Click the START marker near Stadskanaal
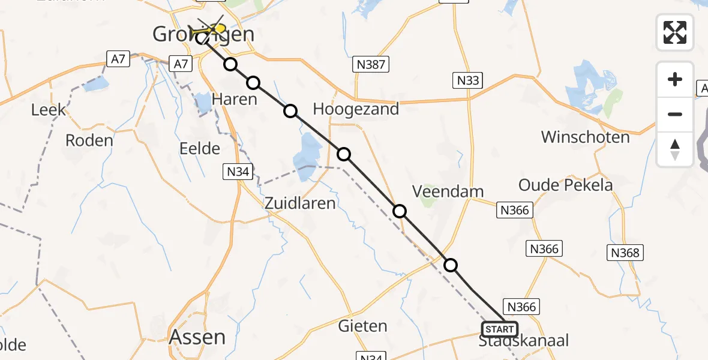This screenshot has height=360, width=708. tap(499, 329)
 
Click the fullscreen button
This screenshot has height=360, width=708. tap(675, 32)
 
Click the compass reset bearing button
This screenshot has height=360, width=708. tap(675, 149)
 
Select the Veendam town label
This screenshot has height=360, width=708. tap(448, 191)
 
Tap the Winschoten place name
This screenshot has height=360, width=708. tap(585, 137)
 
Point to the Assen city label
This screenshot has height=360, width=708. tap(197, 337)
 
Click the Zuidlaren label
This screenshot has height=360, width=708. tap(301, 203)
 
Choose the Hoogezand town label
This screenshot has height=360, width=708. tap(356, 109)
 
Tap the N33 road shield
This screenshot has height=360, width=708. tap(468, 80)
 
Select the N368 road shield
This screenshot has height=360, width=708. tap(625, 253)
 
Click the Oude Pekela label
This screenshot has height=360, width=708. tap(565, 185)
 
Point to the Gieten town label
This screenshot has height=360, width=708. tap(362, 326)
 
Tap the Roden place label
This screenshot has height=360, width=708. tap(89, 140)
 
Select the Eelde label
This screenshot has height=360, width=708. tap(199, 148)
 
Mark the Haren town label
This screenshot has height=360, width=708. tap(235, 100)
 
